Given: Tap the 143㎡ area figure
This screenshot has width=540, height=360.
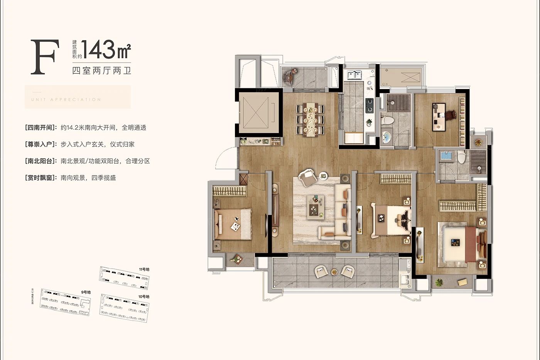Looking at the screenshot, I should click(106, 50).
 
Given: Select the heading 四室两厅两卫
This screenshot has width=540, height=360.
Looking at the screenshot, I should click(101, 71).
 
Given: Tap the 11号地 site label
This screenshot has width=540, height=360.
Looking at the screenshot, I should click(144, 269).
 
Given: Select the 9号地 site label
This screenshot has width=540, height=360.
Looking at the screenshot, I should click(86, 292).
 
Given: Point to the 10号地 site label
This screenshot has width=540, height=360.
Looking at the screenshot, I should click(143, 296).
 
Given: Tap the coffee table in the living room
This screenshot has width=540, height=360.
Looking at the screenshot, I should click(316, 207).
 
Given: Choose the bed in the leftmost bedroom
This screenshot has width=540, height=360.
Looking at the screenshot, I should click(233, 224).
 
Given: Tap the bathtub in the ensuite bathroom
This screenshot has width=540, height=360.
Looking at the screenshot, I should click(446, 156).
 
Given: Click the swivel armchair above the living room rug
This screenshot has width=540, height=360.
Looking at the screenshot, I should click(308, 176).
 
